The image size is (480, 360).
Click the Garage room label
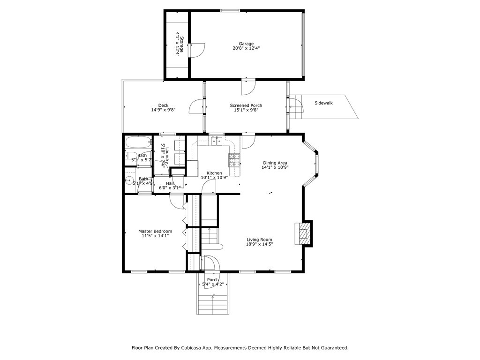click(246, 44)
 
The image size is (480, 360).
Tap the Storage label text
click(181, 45)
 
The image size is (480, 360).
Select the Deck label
click(163, 105)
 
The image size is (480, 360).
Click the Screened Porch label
click(246, 105)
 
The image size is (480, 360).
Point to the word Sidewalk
click(323, 103)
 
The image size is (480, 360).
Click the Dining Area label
click(275, 163)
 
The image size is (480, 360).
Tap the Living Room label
click(260, 240)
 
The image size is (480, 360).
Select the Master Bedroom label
click(155, 231)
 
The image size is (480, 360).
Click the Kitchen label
click(214, 173)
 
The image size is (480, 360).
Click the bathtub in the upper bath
click(138, 142)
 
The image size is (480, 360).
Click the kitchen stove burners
click(234, 160)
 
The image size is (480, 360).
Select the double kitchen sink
click(217, 141)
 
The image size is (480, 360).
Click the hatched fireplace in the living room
click(304, 234)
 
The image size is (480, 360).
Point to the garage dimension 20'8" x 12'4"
click(246, 48)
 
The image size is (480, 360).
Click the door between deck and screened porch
click(197, 107)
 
